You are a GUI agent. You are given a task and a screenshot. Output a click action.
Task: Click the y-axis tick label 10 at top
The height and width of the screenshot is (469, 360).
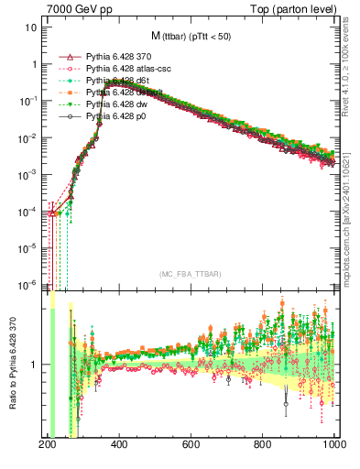click(31, 27)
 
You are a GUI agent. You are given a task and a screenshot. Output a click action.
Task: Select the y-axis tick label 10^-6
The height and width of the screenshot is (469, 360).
click(27, 284)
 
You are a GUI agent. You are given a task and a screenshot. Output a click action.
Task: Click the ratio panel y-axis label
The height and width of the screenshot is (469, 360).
click(12, 366)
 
